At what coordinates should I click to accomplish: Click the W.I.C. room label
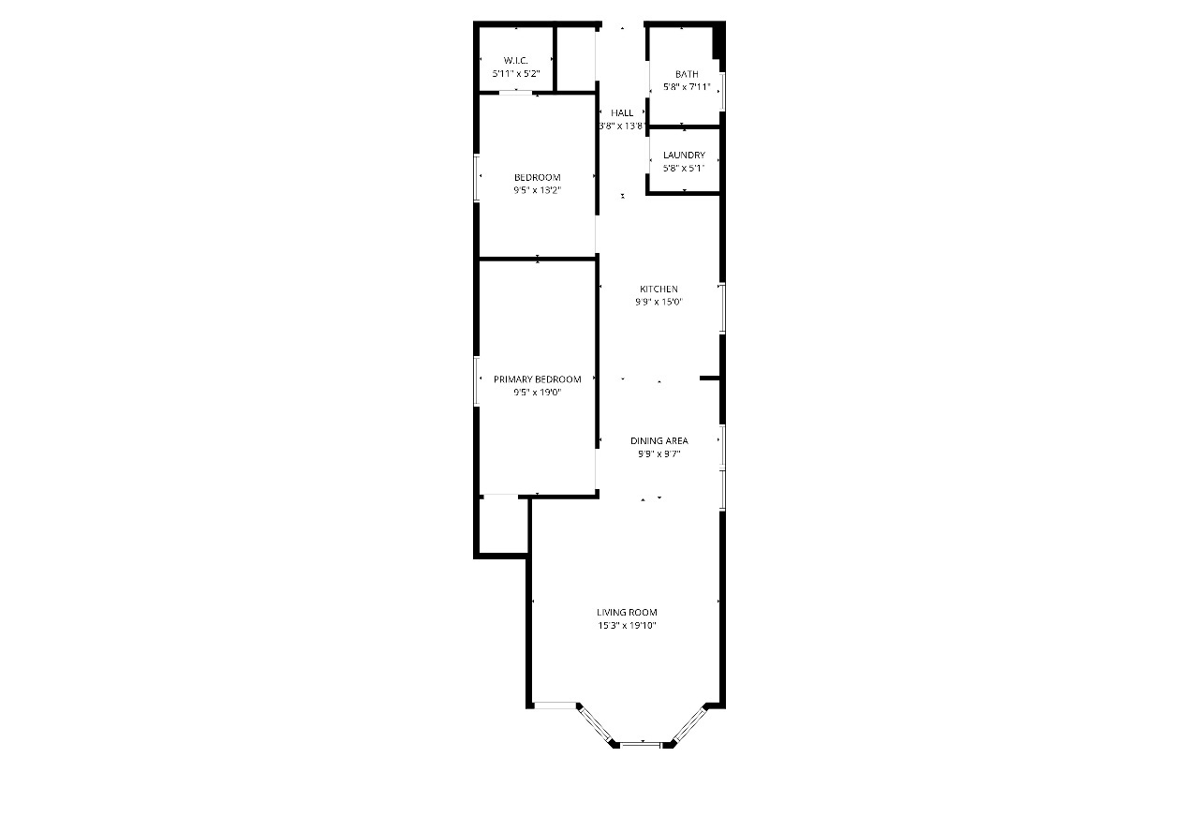click(516, 60)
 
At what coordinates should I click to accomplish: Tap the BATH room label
click(687, 74)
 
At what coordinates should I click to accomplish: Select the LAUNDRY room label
click(684, 156)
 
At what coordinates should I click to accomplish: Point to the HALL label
click(622, 113)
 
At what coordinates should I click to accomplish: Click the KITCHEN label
click(659, 289)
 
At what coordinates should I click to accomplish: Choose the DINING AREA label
click(659, 440)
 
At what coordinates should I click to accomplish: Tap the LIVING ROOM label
click(627, 613)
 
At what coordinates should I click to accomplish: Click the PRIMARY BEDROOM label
click(538, 379)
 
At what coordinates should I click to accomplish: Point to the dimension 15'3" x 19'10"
click(627, 626)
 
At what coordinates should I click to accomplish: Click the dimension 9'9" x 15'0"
click(659, 302)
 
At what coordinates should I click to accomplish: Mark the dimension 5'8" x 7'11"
click(687, 87)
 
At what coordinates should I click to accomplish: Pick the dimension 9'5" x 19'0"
click(538, 393)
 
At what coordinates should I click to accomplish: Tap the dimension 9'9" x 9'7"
click(659, 453)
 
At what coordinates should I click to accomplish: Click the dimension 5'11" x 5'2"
click(516, 73)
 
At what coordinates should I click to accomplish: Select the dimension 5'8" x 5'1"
click(684, 169)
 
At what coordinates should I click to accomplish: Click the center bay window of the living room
click(642, 743)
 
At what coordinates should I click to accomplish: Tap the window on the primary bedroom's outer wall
click(477, 380)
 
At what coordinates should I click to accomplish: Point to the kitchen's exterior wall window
click(721, 307)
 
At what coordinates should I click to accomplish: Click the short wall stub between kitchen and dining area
click(709, 379)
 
